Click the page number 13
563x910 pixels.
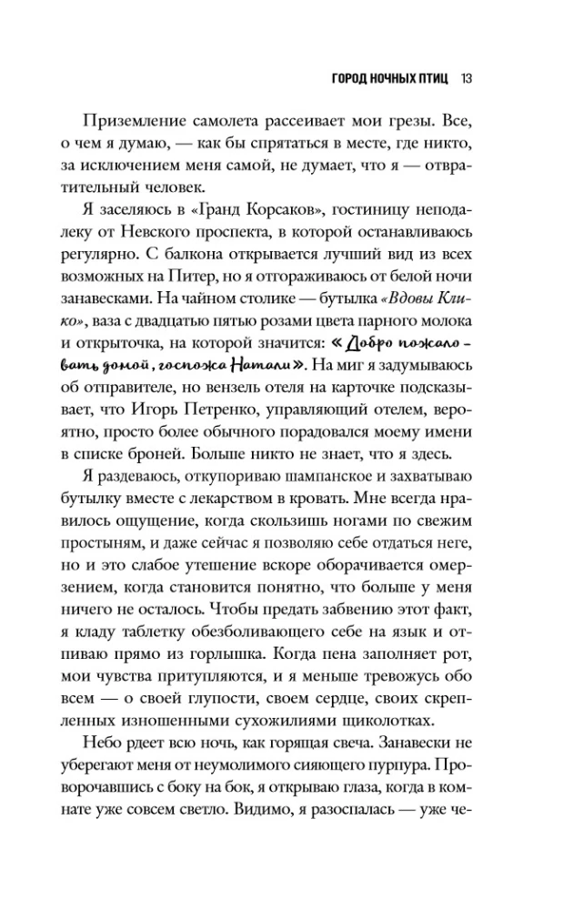point(465,79)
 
